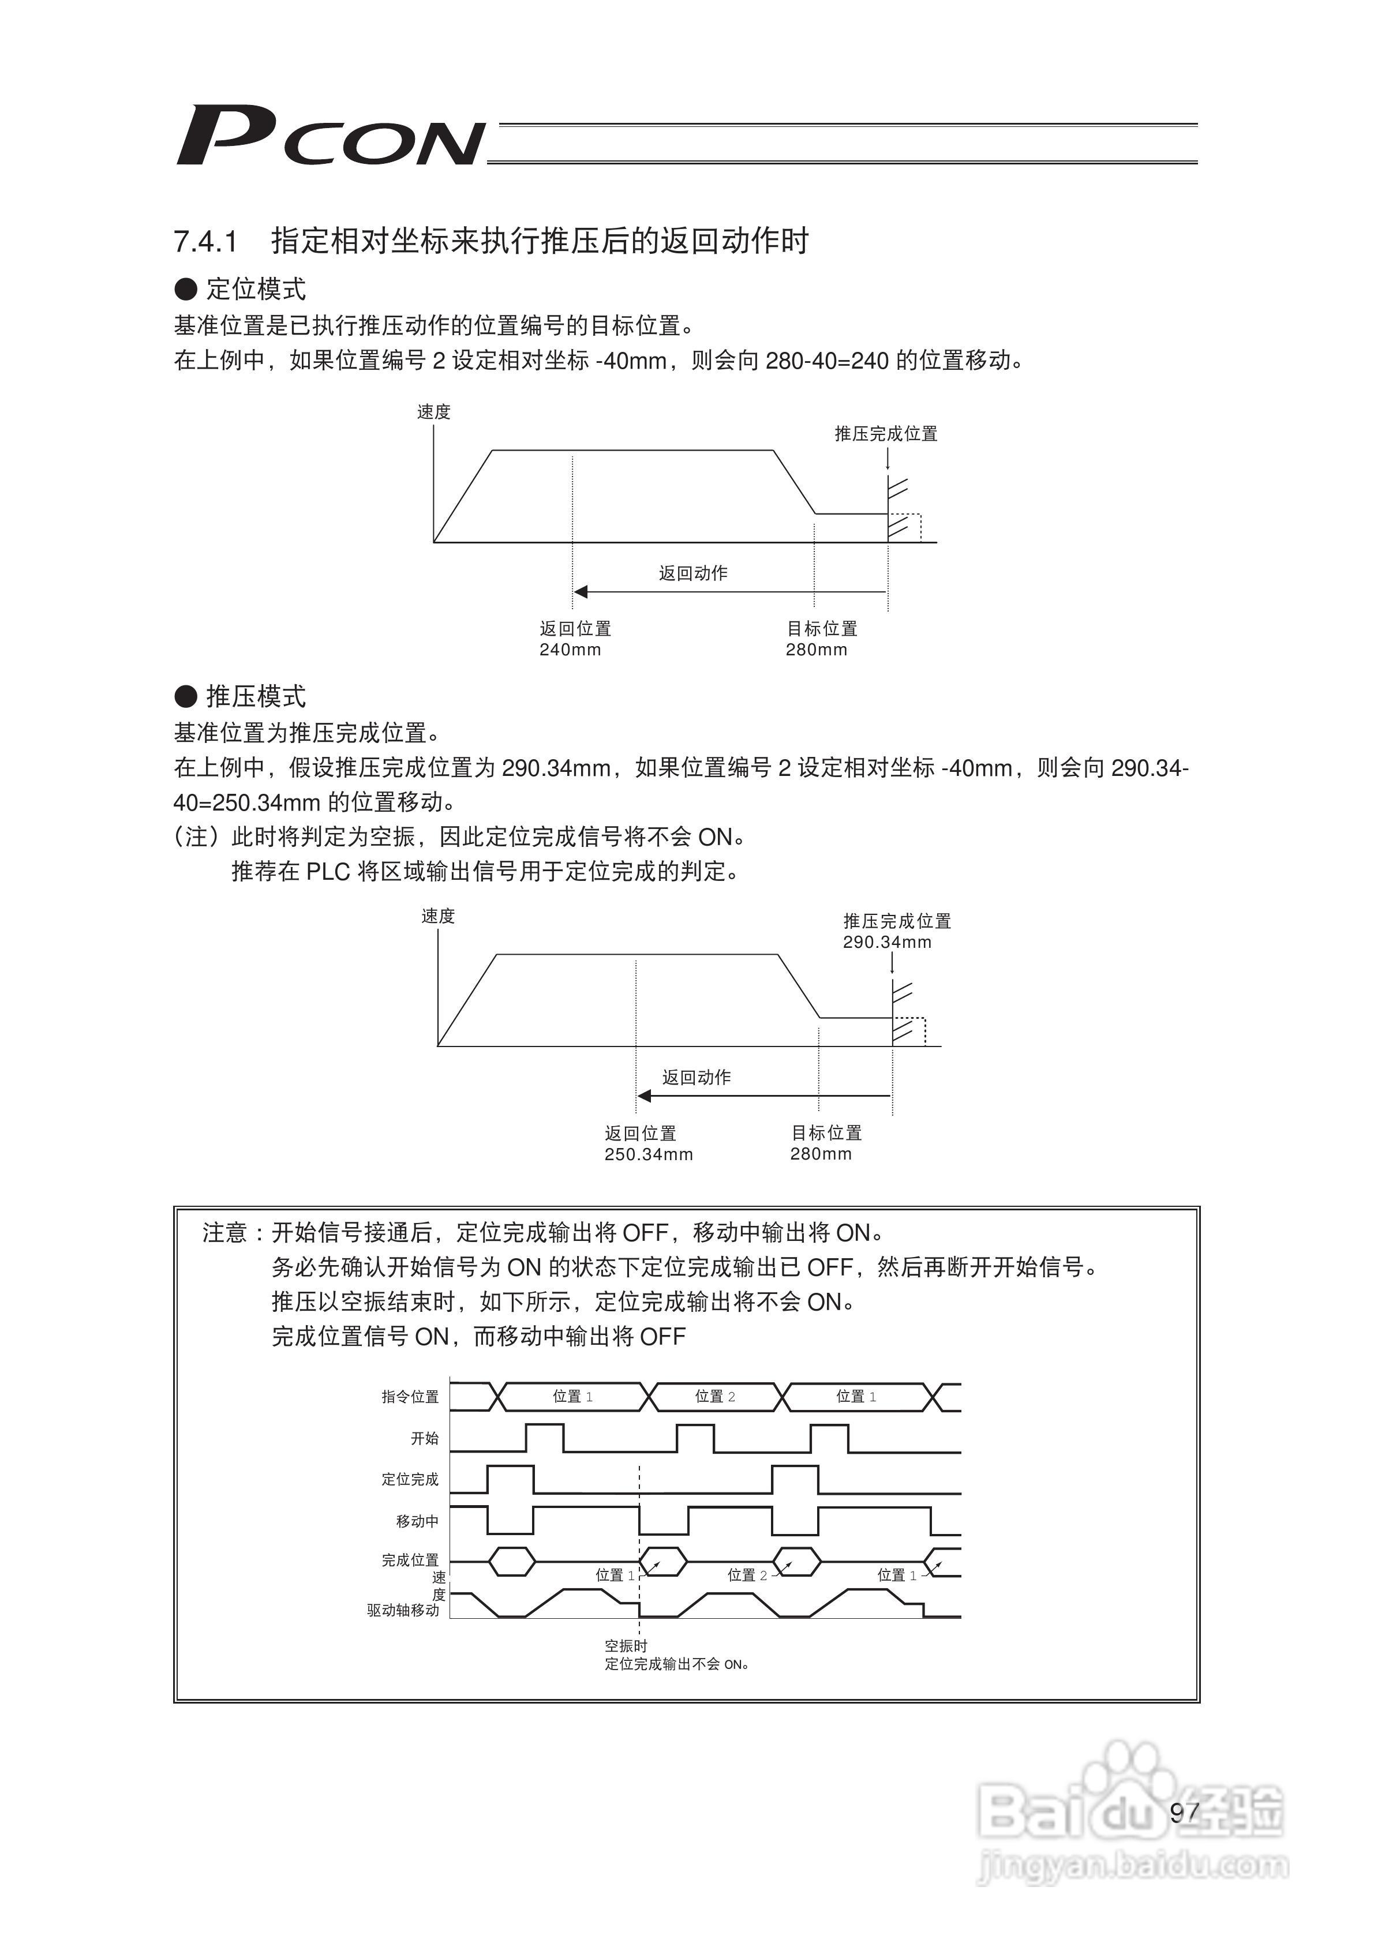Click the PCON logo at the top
point(330,136)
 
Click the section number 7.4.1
point(205,242)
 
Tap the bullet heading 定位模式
point(256,290)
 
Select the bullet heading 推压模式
point(256,696)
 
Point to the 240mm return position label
point(570,650)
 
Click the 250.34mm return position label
point(649,1154)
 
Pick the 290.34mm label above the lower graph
point(886,942)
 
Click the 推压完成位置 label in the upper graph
point(886,434)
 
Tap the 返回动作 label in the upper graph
point(694,573)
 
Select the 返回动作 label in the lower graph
point(696,1077)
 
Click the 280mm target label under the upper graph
point(816,650)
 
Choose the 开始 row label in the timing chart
point(424,1439)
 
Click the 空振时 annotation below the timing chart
point(626,1646)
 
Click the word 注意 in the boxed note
point(224,1233)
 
